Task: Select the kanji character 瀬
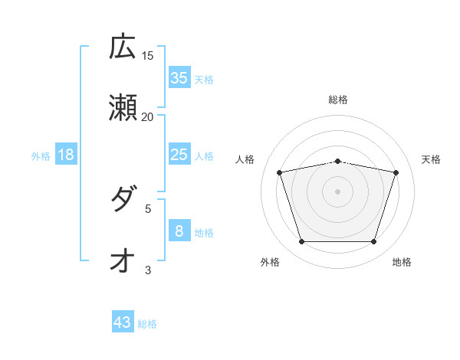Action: tap(123, 109)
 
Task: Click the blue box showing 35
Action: tap(179, 77)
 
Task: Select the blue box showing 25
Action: tap(179, 155)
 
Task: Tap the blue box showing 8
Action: tap(179, 231)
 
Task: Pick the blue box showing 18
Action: tap(66, 155)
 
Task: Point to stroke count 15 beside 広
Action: tap(148, 56)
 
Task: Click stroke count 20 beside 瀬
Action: tap(148, 117)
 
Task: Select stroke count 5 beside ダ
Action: tap(148, 208)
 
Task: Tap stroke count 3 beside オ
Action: tap(148, 270)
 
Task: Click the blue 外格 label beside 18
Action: tap(41, 155)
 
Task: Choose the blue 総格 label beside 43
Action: tap(147, 324)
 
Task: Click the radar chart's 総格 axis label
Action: tap(338, 100)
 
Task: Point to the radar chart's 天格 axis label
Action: tap(431, 159)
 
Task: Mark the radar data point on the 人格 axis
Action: tap(280, 172)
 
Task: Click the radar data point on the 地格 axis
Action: tap(373, 241)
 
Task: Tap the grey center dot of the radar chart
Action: tap(338, 191)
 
